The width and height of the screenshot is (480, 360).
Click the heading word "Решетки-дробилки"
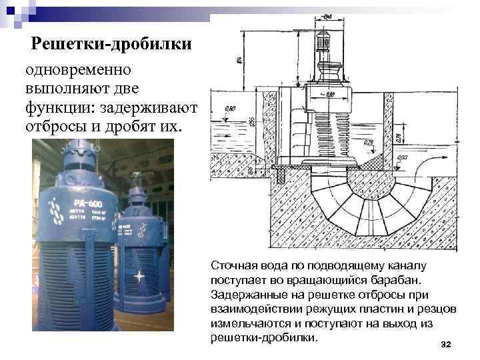click(x=113, y=44)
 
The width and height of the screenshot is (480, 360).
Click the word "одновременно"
click(x=79, y=70)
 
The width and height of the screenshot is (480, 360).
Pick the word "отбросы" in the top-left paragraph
click(x=54, y=126)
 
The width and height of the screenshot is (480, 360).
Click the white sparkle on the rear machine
click(x=139, y=275)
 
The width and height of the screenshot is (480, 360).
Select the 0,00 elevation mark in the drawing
click(x=403, y=158)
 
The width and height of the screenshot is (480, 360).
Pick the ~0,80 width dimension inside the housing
click(x=329, y=94)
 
